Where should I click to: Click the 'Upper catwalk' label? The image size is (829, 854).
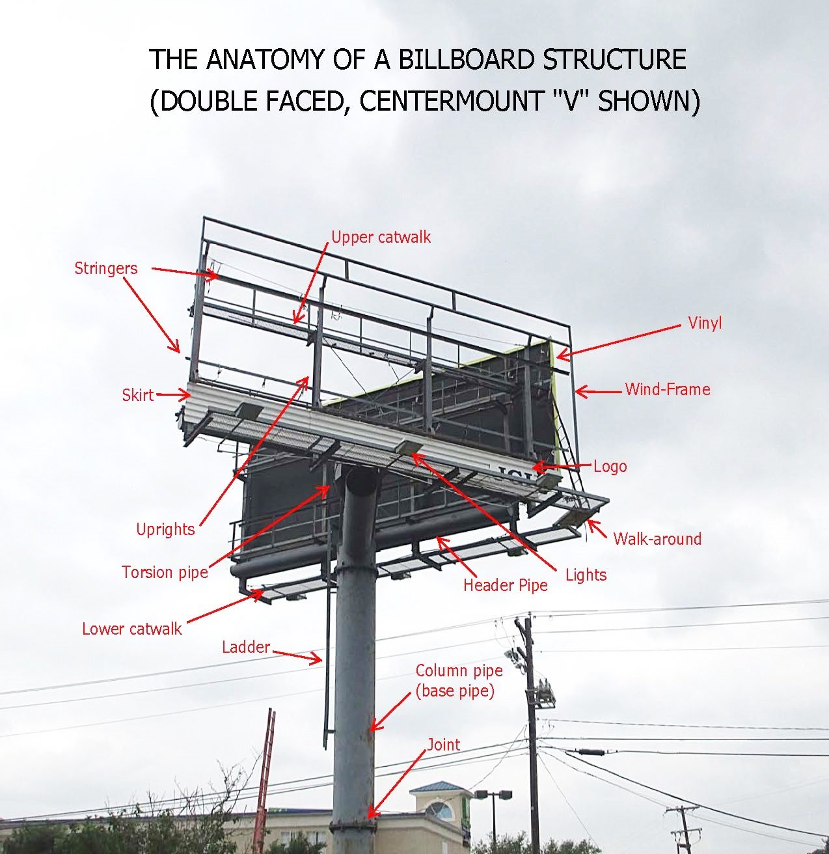click(x=381, y=237)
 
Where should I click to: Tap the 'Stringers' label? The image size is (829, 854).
click(x=105, y=268)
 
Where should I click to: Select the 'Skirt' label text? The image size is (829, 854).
click(x=137, y=394)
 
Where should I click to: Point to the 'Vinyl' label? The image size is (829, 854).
click(x=705, y=323)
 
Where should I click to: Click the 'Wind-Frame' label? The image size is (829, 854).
click(x=667, y=389)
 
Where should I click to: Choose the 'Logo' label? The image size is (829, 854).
click(x=610, y=466)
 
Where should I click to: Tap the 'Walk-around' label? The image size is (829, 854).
click(x=657, y=539)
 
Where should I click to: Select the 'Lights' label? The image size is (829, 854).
click(x=586, y=575)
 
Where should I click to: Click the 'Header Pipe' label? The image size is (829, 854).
click(x=505, y=585)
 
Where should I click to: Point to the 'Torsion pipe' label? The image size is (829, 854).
click(x=165, y=572)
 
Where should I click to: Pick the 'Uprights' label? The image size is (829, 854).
click(x=165, y=529)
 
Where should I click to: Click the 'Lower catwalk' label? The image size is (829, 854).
click(x=131, y=629)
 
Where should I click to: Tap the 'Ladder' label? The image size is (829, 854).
click(x=245, y=647)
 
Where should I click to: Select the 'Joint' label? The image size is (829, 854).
click(x=443, y=745)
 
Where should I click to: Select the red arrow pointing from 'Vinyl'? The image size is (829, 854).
click(x=618, y=340)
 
